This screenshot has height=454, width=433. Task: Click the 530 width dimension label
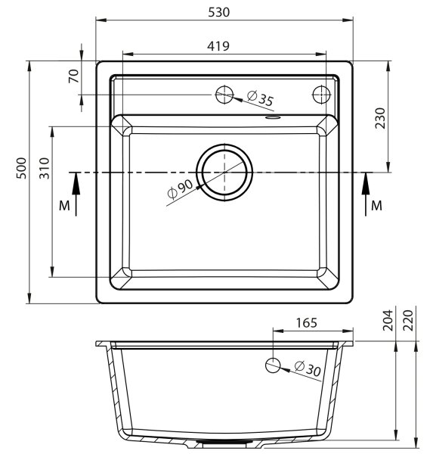point(219,12)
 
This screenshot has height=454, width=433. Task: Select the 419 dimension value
point(218,46)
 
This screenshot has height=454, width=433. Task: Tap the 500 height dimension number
point(21,168)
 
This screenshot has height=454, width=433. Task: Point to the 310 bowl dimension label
point(45,168)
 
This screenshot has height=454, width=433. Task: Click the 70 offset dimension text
point(74,76)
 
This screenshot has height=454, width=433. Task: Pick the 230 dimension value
point(380,118)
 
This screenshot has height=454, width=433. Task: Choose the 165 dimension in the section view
point(307,322)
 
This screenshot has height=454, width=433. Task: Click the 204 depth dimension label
point(388,320)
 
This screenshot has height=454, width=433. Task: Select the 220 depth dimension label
point(408,320)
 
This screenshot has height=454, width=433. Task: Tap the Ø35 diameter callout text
point(260,98)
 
